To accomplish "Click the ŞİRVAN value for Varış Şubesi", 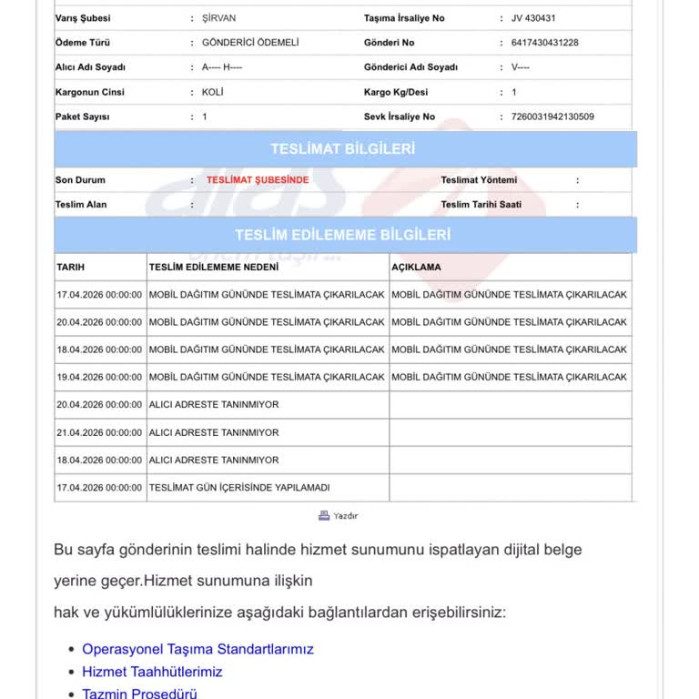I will [218, 18].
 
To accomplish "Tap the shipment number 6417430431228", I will [544, 43].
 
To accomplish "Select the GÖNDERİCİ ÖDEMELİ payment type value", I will [249, 43].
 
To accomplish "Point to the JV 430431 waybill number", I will [533, 18].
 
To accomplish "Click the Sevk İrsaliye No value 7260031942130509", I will [552, 116].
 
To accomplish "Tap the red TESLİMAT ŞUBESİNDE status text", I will [258, 180].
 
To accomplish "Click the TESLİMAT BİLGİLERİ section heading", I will [342, 149].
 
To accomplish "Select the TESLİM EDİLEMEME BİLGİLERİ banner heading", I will [342, 235].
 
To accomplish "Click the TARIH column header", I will [71, 268].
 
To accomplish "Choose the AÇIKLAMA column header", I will [416, 268].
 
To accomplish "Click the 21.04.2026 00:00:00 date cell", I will [99, 432].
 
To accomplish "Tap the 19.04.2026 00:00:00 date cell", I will [99, 377].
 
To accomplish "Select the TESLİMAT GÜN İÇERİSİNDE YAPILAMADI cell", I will [239, 488].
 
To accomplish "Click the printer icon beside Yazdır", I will [324, 515].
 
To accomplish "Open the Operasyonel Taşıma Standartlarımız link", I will [198, 649].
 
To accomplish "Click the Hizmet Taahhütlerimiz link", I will [152, 672].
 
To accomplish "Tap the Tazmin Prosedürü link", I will [139, 694].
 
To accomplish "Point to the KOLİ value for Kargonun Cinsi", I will [213, 92].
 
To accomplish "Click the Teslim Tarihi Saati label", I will [481, 205].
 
